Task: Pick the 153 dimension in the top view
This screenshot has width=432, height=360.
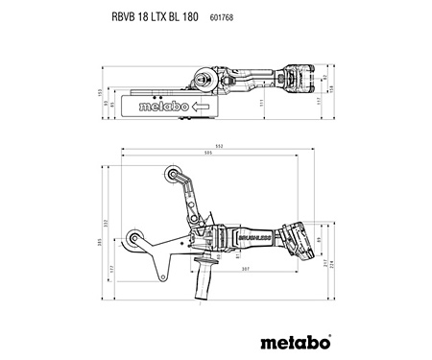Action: tap(97, 92)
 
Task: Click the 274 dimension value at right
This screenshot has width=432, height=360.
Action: tap(333, 262)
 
